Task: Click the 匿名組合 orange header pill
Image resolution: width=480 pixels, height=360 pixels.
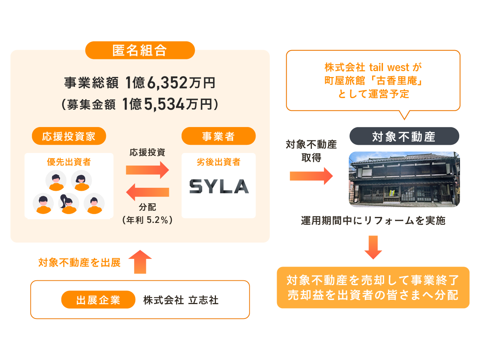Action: point(140,50)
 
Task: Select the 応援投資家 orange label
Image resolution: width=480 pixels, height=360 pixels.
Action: point(69,136)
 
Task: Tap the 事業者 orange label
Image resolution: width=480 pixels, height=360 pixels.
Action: point(218,136)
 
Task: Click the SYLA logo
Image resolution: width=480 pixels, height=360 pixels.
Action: point(219,186)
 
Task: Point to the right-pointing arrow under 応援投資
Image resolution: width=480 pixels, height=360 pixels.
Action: point(147,170)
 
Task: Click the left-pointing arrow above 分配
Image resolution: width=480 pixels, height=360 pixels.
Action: point(147,192)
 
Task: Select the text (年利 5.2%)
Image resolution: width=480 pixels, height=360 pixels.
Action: point(147,220)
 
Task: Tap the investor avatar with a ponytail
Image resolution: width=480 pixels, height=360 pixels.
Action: point(69,203)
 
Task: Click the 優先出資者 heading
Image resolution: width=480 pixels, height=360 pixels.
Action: point(69,162)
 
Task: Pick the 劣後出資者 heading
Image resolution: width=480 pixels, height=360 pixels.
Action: point(219,162)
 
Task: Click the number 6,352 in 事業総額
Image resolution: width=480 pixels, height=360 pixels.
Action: point(167,83)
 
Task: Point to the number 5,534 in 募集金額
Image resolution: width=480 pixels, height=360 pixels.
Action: point(164,104)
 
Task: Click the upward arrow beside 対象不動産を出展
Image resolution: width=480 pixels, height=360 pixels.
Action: point(140,261)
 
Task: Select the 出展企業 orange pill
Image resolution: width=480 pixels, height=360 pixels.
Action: point(98,300)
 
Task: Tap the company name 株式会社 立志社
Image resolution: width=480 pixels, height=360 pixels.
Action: point(181,300)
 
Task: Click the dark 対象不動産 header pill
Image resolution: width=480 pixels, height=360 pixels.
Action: point(404,136)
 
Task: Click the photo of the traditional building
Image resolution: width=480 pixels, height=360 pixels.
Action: point(404,179)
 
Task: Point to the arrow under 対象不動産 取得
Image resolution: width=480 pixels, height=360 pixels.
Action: point(311,176)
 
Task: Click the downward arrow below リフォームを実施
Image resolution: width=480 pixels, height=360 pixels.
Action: point(373,247)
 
